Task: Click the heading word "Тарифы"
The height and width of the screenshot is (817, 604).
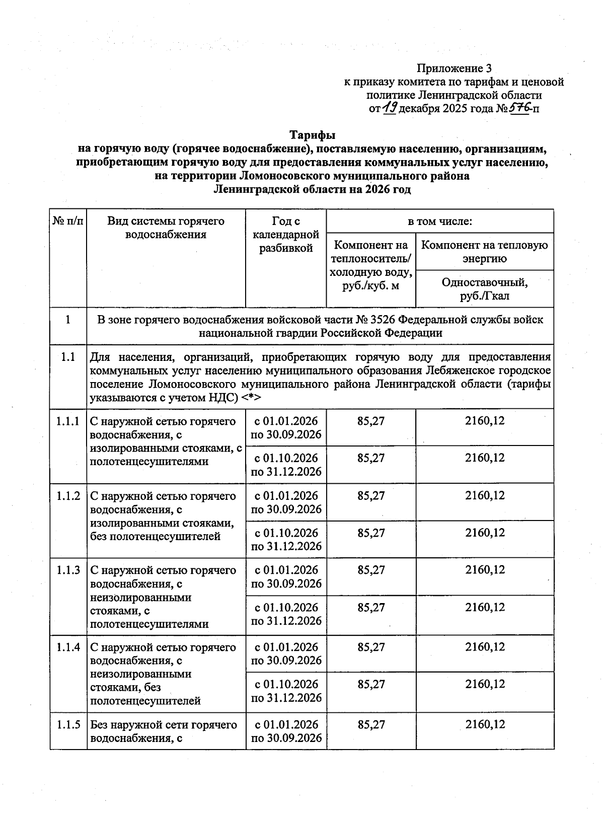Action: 312,135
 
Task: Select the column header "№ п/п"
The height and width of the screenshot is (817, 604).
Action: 68,221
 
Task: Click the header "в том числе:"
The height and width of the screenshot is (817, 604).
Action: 439,221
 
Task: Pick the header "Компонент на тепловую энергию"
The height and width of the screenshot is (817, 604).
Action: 484,252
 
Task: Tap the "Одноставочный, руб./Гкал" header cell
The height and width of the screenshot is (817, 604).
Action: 484,289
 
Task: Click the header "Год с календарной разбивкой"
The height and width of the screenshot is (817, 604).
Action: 286,235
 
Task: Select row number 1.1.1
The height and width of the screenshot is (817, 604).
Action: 68,421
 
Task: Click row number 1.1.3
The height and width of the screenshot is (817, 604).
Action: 68,570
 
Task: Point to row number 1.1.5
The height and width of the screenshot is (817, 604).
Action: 68,725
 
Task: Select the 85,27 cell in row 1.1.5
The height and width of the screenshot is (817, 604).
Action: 371,725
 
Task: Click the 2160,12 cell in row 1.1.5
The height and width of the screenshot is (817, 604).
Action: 485,725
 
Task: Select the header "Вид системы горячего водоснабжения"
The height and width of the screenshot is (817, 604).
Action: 166,228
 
